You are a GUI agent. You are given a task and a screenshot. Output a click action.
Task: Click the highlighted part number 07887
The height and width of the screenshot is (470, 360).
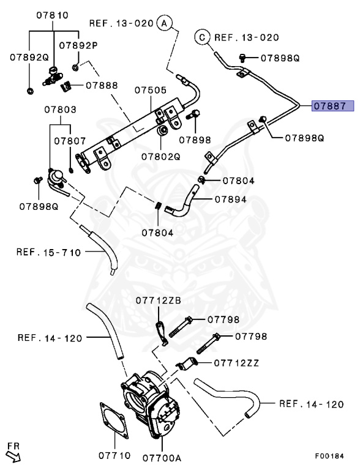pyautogui.click(x=332, y=106)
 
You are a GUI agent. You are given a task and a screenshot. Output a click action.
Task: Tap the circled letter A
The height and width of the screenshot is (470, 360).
pyautogui.click(x=165, y=23)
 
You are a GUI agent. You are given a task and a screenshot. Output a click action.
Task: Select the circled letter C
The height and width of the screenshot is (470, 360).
pyautogui.click(x=203, y=37)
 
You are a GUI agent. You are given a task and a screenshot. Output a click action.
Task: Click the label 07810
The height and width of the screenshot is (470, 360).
pyautogui.click(x=53, y=15)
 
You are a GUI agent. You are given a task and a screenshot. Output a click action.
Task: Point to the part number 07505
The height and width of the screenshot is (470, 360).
pyautogui.click(x=150, y=90)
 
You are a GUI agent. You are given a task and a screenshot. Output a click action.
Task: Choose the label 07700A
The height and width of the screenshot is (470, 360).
pyautogui.click(x=162, y=458)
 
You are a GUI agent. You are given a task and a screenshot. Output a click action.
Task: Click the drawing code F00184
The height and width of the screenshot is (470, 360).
pyautogui.click(x=329, y=456)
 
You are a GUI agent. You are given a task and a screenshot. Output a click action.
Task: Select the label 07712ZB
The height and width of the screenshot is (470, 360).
pyautogui.click(x=159, y=300)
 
